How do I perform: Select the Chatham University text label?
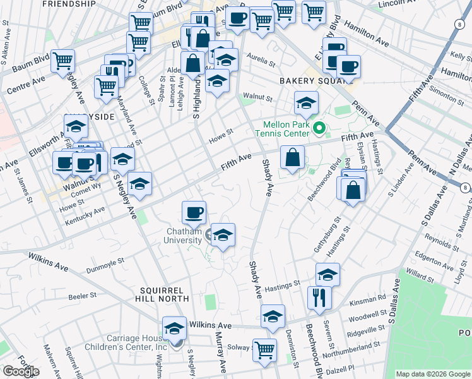(x=183, y=236)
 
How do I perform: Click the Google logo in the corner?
(x=21, y=371)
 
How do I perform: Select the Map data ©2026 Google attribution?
(x=433, y=374)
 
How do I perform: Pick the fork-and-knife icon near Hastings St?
(x=319, y=297)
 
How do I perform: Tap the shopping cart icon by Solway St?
(x=265, y=349)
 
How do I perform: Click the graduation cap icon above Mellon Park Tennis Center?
(x=306, y=102)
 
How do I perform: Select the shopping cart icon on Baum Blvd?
(x=63, y=61)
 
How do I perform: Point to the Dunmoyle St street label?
(x=104, y=259)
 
